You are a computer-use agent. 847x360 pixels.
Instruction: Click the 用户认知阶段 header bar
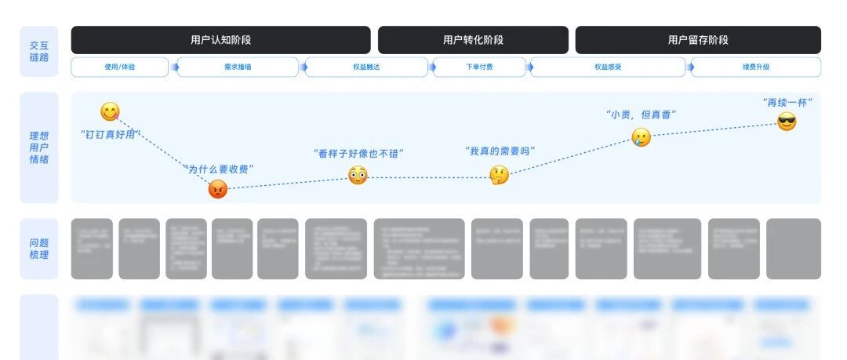[x=220, y=40]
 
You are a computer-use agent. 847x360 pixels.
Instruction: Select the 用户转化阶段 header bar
[x=473, y=40]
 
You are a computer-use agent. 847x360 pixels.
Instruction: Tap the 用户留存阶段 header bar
[x=698, y=40]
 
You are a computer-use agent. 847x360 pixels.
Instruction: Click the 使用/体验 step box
[x=119, y=67]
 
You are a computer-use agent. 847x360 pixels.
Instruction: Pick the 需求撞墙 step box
[x=238, y=67]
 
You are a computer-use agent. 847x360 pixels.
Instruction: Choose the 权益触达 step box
[x=366, y=67]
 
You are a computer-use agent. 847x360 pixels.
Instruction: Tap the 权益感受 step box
[x=608, y=67]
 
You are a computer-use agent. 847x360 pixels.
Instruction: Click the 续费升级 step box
[x=755, y=67]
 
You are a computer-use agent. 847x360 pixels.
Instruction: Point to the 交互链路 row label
[x=39, y=52]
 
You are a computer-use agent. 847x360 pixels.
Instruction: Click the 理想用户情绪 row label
[x=39, y=147]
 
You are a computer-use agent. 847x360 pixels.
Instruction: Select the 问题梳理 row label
[x=39, y=249]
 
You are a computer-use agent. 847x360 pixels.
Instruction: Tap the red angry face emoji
[x=218, y=188]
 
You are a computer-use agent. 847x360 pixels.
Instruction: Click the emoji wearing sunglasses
[x=787, y=122]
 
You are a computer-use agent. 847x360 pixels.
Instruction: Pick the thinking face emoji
[x=500, y=176]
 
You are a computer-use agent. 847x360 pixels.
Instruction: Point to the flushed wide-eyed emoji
[x=358, y=176]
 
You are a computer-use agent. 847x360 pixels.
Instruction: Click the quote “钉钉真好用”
[x=108, y=134]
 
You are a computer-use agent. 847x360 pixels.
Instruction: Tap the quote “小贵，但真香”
[x=641, y=115]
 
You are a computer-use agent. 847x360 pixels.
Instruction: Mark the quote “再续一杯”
[x=787, y=102]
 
